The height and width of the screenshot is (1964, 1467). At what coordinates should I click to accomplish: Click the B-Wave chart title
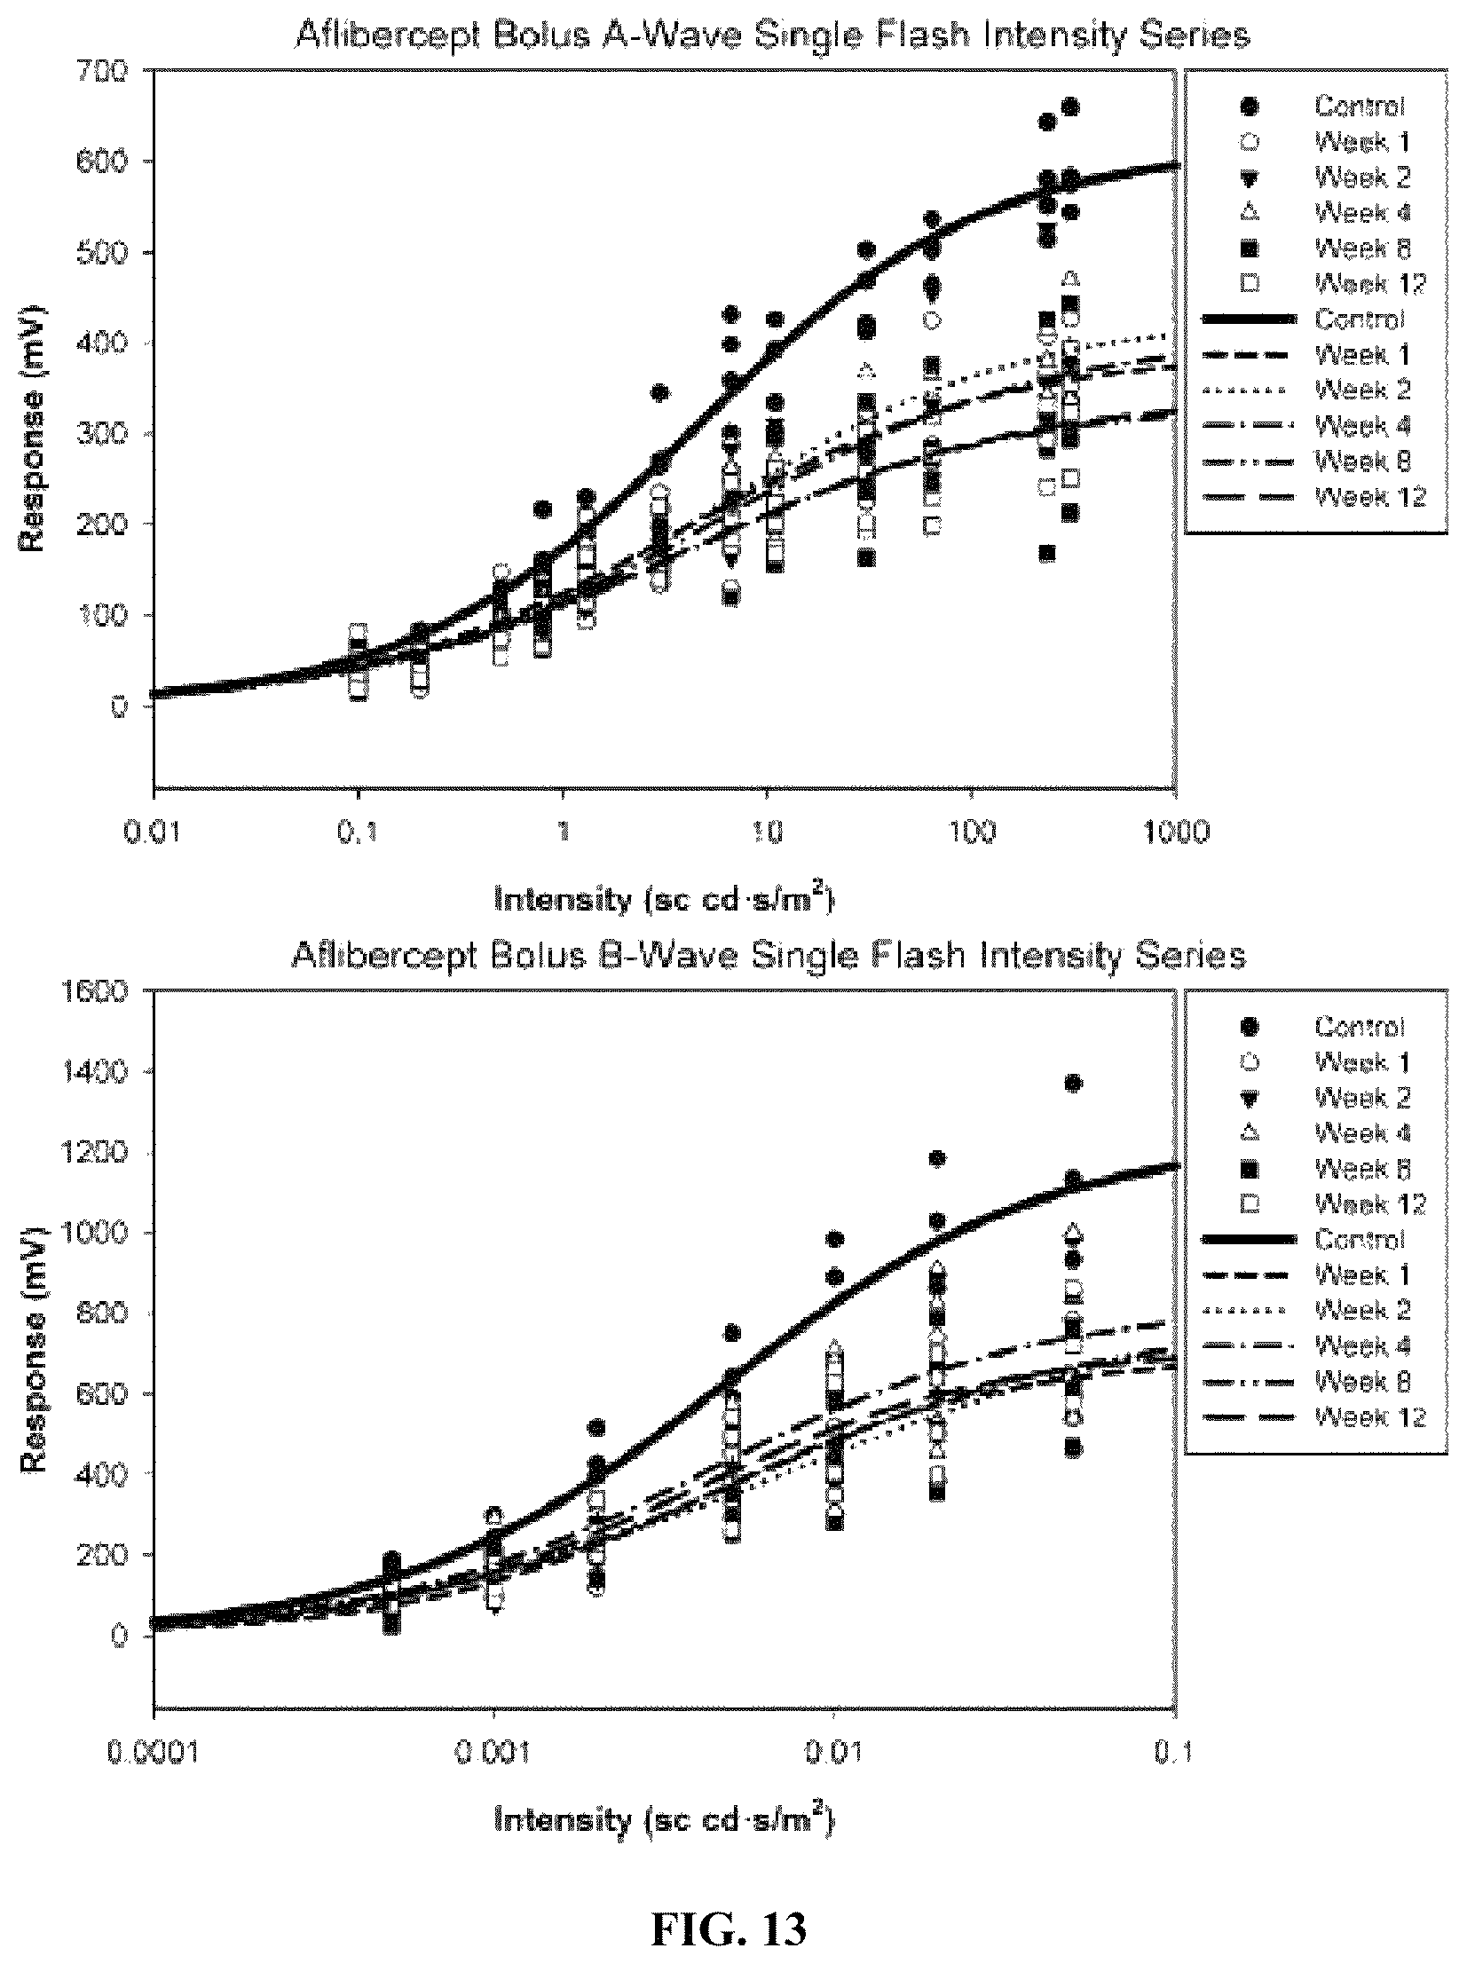[x=769, y=955]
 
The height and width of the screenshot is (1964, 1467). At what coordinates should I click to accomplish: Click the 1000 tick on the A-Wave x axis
[x=1176, y=832]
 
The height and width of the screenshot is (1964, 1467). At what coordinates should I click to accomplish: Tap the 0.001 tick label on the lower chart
[x=493, y=1755]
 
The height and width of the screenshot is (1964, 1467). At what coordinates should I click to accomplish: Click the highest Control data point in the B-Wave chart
[x=1073, y=1084]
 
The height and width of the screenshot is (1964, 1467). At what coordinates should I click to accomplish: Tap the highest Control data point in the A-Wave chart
[x=1070, y=107]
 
